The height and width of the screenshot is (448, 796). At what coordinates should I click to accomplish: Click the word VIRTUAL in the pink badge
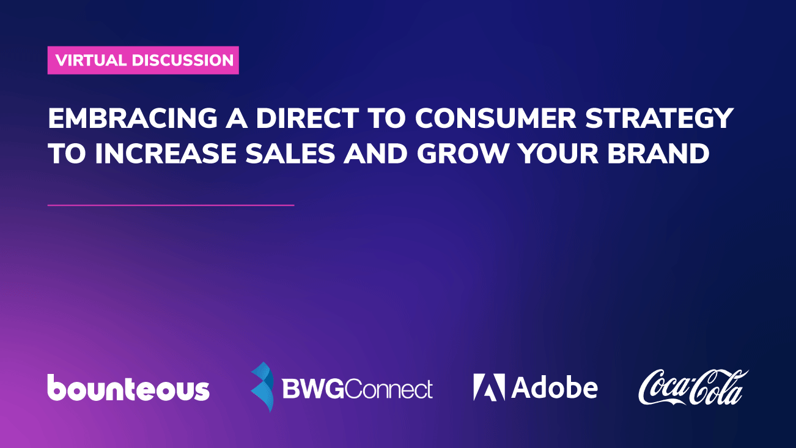pos(91,60)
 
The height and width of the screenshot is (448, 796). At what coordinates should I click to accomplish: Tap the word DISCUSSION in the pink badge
pos(183,60)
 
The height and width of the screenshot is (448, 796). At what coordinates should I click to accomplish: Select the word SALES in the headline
pos(290,154)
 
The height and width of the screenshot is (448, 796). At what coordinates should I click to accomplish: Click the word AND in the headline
pos(375,154)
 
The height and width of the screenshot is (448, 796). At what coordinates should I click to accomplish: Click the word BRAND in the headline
pos(658,154)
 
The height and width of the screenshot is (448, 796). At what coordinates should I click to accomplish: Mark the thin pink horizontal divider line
pos(171,205)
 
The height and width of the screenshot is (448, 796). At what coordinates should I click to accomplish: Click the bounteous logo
pos(128,387)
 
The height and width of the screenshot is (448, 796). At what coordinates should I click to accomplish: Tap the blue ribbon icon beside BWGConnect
pos(263,387)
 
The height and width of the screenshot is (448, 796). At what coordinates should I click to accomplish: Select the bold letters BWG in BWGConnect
pos(313,389)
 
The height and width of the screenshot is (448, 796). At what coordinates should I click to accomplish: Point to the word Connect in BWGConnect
pos(388,389)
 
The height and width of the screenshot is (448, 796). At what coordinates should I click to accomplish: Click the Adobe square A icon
pos(489,387)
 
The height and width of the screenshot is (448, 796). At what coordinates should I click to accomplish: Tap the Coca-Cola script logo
pos(693,387)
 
